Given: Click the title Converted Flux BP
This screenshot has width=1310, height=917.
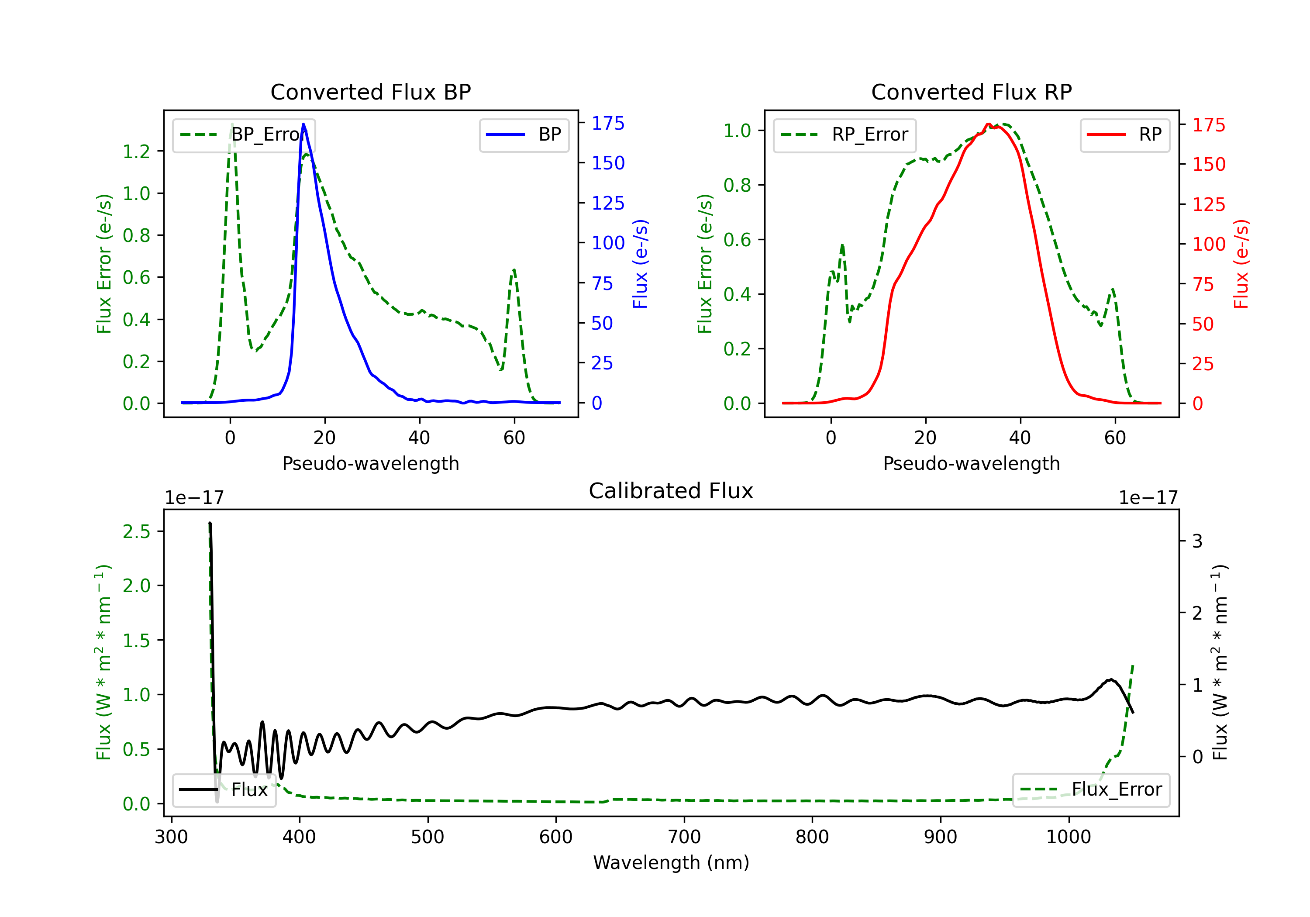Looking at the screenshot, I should [x=370, y=92].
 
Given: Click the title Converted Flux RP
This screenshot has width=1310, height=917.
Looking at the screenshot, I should [x=971, y=92].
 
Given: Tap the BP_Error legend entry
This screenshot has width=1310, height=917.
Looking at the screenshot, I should [x=244, y=134].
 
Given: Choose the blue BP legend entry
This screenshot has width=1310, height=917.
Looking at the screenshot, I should [x=524, y=134].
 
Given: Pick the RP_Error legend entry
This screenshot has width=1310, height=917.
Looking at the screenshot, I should [x=845, y=134].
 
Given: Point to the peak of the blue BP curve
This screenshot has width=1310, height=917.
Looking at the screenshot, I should [x=303, y=124].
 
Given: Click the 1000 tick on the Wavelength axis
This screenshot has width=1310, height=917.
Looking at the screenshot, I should [x=1068, y=837].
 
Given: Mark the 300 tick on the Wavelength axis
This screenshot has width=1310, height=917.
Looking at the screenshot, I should [x=171, y=837].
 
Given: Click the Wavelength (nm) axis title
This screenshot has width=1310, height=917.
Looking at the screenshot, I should [x=671, y=862].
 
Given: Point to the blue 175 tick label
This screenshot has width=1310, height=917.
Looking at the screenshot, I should [x=608, y=123].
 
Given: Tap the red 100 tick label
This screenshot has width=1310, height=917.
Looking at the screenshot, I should [x=1209, y=244].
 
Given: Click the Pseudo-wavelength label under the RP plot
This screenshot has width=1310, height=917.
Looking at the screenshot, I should [x=971, y=463].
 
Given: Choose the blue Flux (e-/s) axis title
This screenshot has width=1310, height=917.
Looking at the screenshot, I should [x=640, y=264].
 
